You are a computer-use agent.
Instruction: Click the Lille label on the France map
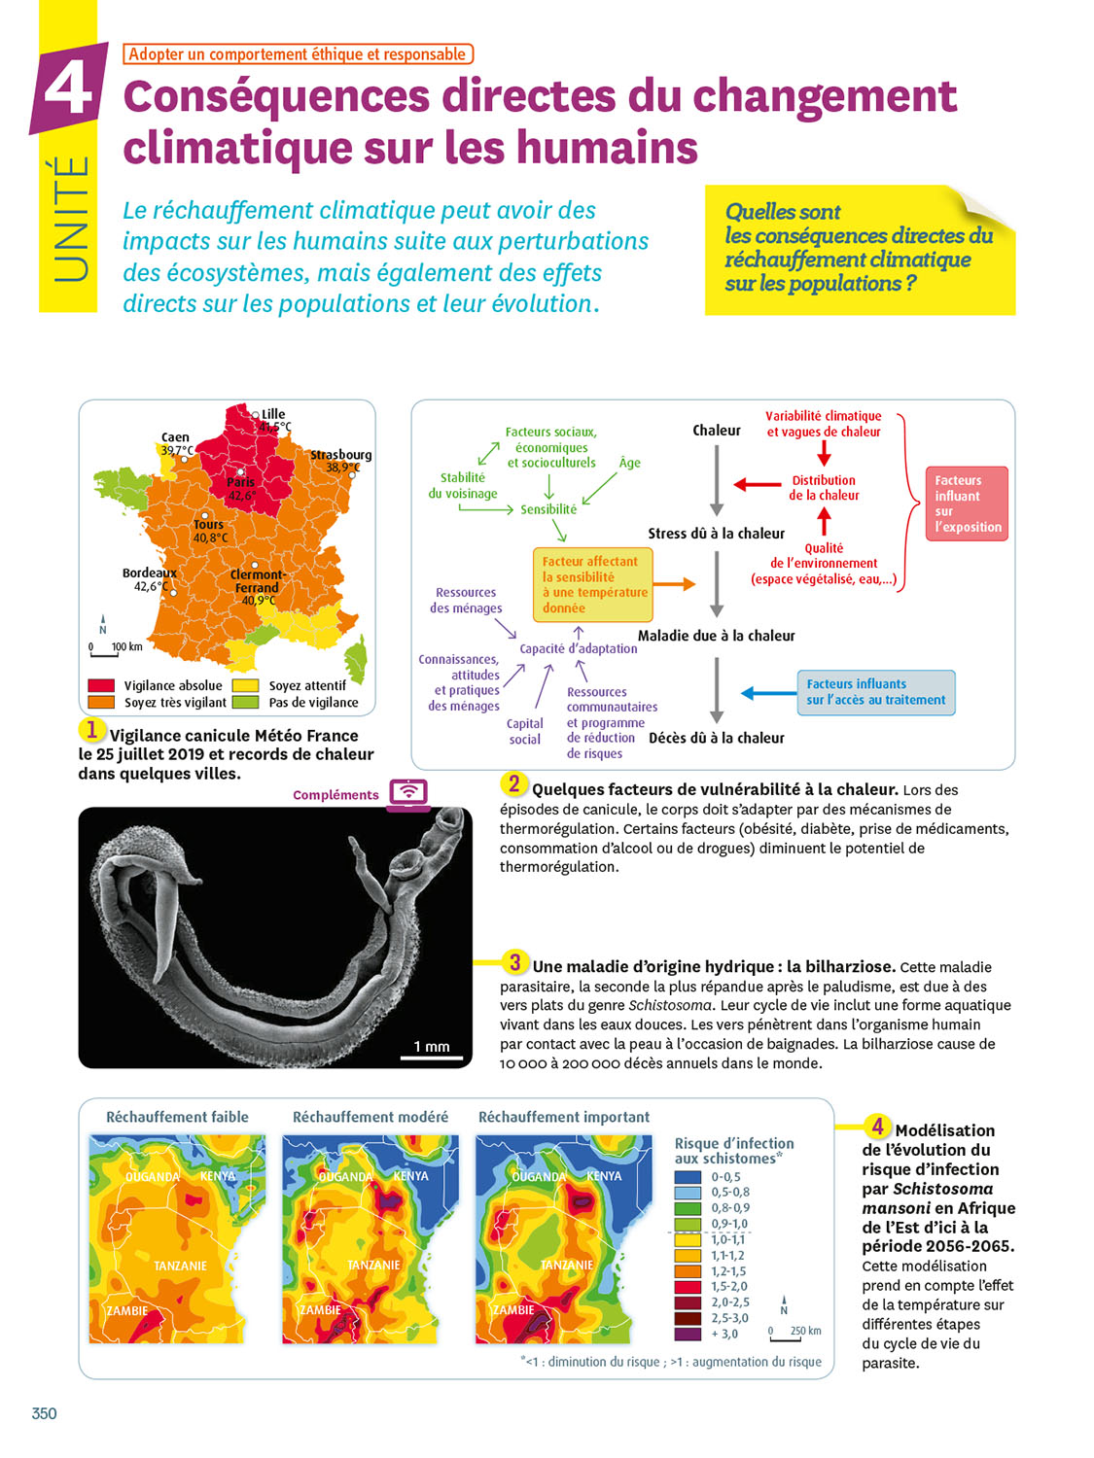tap(273, 414)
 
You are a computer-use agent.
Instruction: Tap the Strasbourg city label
tap(340, 454)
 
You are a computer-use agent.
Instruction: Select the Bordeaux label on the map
tap(149, 573)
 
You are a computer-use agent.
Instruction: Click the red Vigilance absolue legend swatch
tap(101, 685)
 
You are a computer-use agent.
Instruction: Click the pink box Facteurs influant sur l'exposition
tap(967, 503)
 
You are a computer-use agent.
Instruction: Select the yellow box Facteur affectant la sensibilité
tap(592, 584)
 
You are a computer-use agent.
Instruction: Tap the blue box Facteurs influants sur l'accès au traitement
tap(875, 692)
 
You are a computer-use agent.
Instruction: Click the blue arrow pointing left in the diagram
tap(768, 693)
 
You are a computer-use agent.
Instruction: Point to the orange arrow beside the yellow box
tap(675, 584)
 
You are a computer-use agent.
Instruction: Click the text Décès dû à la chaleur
tap(716, 738)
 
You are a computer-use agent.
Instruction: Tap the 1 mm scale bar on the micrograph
tap(432, 1056)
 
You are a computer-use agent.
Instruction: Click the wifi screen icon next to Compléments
tap(408, 792)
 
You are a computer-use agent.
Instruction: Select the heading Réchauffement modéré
tap(371, 1117)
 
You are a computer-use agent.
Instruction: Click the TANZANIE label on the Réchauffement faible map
tap(180, 1266)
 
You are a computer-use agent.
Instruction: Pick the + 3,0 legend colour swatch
tap(688, 1334)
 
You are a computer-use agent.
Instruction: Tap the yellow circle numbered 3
tap(514, 962)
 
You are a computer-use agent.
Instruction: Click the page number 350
tap(45, 1413)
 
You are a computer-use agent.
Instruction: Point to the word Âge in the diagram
tap(630, 463)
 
